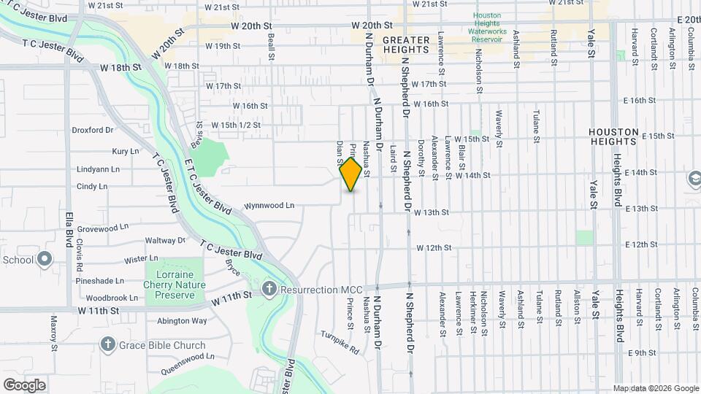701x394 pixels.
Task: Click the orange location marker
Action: click(x=351, y=174)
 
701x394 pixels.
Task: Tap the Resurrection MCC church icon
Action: click(x=269, y=289)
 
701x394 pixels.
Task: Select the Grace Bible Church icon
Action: click(x=108, y=343)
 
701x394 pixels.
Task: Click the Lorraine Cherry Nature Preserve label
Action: click(x=175, y=285)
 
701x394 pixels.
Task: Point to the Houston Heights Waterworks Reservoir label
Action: click(x=488, y=27)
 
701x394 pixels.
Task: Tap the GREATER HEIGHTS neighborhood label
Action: click(x=405, y=45)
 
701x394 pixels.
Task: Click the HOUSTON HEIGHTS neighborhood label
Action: click(x=614, y=138)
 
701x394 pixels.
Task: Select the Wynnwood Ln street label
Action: click(x=269, y=206)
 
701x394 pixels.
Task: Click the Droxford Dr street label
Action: click(x=93, y=131)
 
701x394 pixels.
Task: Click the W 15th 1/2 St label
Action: click(x=236, y=125)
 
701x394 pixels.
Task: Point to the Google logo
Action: click(x=24, y=385)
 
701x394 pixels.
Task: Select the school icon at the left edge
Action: click(x=45, y=259)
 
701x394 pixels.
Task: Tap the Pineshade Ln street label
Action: click(x=99, y=280)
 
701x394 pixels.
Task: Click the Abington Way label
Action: click(x=182, y=320)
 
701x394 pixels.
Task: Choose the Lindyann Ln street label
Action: click(x=97, y=169)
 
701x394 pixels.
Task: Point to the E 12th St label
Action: click(x=641, y=244)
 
